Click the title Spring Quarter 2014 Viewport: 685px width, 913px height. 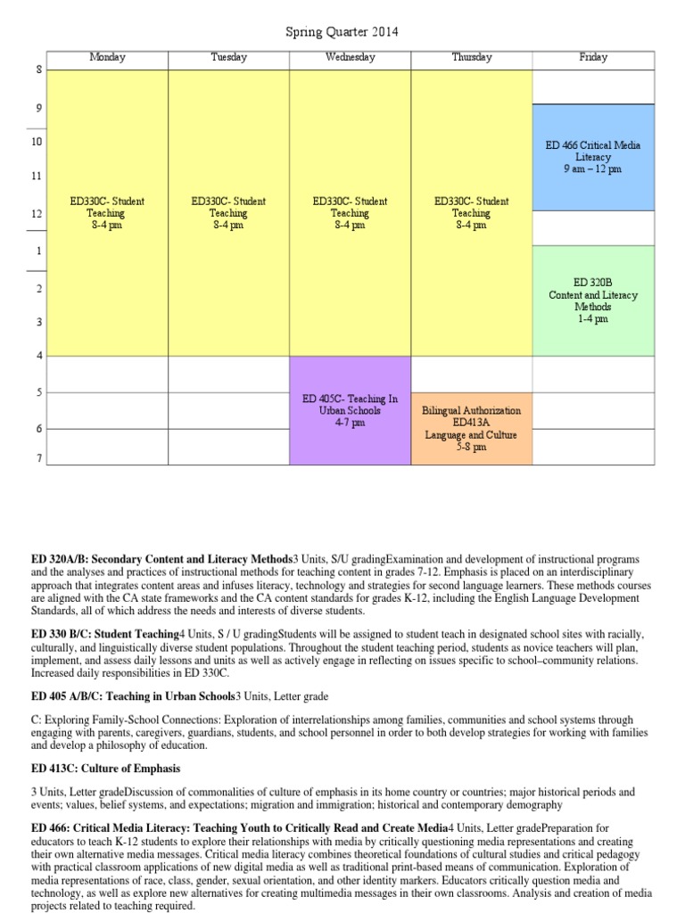coord(342,32)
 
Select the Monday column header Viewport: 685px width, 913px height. coord(107,57)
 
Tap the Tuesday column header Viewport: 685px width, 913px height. coord(228,57)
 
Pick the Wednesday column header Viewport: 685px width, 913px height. coord(350,57)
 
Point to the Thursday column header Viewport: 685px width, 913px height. coord(471,57)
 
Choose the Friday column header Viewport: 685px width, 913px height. coord(593,57)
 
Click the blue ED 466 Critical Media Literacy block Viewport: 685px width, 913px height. coord(593,157)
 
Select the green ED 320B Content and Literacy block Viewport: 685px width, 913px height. coord(593,300)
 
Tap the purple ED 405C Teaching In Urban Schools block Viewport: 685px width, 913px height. coord(350,410)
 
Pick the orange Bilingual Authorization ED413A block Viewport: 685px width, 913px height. coord(471,428)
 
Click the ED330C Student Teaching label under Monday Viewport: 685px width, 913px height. coord(107,213)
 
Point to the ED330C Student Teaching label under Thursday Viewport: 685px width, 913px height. coord(471,213)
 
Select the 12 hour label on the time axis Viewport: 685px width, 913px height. coord(37,214)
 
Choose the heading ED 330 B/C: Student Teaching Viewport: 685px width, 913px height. coord(105,633)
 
